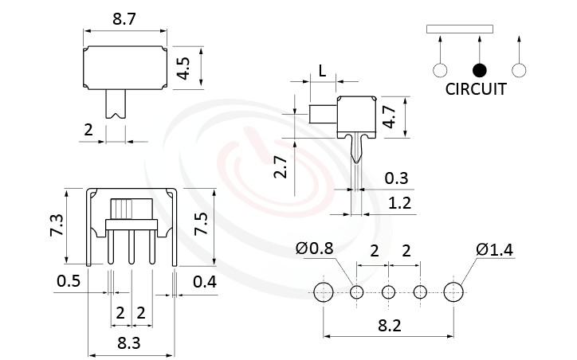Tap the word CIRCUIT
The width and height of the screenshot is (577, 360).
tap(476, 89)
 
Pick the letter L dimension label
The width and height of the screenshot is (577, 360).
tap(322, 70)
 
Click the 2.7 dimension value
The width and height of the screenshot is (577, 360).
tap(281, 167)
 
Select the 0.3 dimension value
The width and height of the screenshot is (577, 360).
tap(398, 178)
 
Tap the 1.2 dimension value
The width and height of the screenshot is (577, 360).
tap(398, 203)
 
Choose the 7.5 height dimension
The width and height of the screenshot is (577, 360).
tap(202, 228)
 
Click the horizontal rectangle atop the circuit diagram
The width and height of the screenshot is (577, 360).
tap(460, 29)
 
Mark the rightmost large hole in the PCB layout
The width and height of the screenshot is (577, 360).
tap(453, 292)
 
